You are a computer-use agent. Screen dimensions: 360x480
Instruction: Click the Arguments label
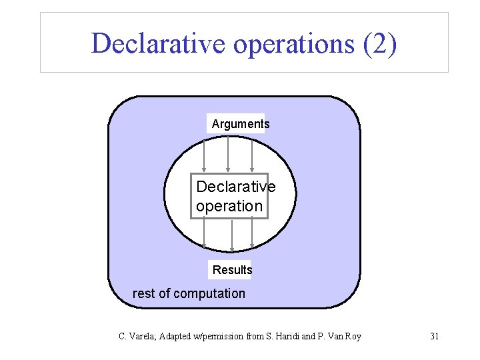pyautogui.click(x=241, y=123)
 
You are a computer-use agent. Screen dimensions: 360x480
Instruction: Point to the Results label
pyautogui.click(x=232, y=270)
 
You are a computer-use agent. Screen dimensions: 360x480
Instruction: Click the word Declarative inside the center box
pyautogui.click(x=235, y=187)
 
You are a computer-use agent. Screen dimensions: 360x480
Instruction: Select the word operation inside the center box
pyautogui.click(x=229, y=206)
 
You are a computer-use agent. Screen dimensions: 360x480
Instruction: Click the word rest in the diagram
pyautogui.click(x=144, y=293)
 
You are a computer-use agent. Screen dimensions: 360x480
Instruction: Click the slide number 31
pyautogui.click(x=434, y=336)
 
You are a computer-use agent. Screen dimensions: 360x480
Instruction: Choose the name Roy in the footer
pyautogui.click(x=353, y=336)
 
